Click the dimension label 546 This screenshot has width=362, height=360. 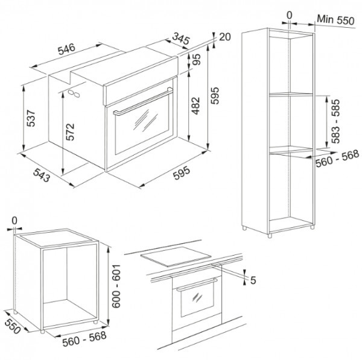click(x=67, y=49)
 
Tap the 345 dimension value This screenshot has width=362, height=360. click(x=181, y=39)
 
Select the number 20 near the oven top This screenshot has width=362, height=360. click(x=224, y=37)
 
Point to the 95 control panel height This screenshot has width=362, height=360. click(x=196, y=60)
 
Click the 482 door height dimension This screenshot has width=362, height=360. click(x=195, y=106)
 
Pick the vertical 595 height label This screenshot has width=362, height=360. click(x=214, y=95)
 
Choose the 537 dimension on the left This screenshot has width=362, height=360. click(x=31, y=119)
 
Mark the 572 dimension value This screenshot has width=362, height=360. click(x=70, y=132)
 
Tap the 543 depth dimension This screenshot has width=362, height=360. click(x=42, y=175)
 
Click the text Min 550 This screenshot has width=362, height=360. click(x=335, y=20)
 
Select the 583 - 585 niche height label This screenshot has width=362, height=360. click(x=335, y=121)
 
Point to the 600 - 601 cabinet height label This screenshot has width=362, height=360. click(x=116, y=286)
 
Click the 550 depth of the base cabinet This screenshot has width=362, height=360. click(x=12, y=327)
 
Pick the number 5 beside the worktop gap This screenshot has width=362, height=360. click(x=253, y=280)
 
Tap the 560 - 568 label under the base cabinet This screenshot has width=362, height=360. click(x=84, y=339)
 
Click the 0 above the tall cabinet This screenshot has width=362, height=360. click(x=289, y=16)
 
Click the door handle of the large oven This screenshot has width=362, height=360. click(x=143, y=101)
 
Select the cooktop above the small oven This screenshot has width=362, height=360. click(x=176, y=256)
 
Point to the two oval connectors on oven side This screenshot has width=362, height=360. click(x=74, y=93)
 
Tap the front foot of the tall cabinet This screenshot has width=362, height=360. click(x=270, y=235)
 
